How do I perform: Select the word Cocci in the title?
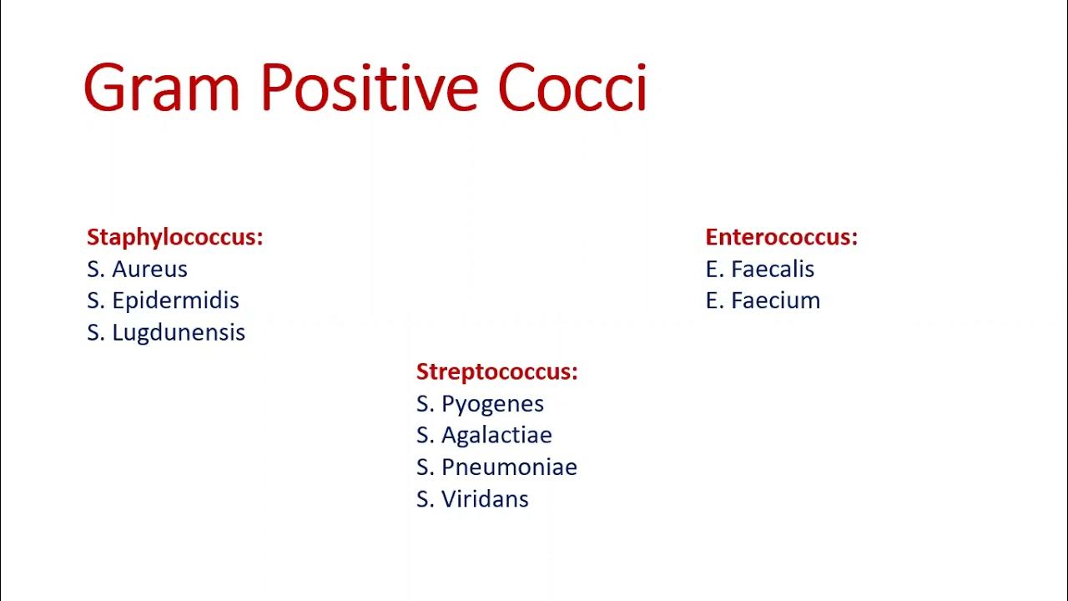[572, 88]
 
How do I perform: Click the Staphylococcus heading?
[174, 237]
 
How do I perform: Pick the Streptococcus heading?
[496, 371]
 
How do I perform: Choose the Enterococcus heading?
[781, 237]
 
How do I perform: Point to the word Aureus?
[150, 269]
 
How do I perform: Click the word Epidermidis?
[176, 300]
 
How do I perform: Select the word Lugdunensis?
[179, 332]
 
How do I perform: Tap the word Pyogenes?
[492, 404]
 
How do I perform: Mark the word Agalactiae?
[496, 435]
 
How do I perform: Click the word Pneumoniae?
[509, 467]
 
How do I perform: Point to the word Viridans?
[485, 499]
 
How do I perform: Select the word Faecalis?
[773, 269]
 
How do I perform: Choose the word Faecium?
[775, 300]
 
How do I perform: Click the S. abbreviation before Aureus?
[95, 269]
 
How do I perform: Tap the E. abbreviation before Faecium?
[714, 300]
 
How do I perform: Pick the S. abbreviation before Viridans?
[425, 499]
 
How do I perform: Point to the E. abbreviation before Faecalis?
[714, 269]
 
